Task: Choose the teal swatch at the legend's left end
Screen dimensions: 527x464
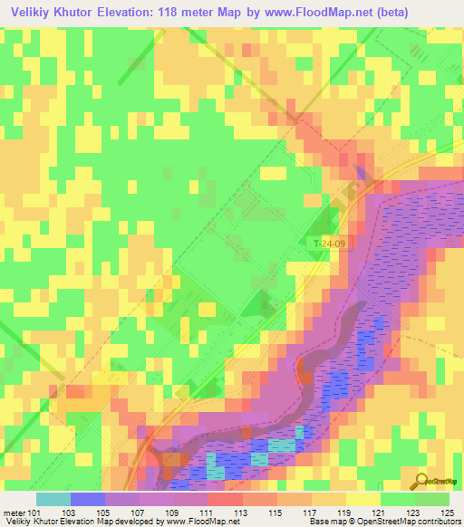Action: [53, 499]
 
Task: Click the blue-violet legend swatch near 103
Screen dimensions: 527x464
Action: [88, 499]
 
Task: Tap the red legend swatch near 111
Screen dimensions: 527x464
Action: [226, 499]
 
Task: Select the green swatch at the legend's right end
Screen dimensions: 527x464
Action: [432, 499]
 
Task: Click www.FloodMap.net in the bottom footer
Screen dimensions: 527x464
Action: [201, 522]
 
